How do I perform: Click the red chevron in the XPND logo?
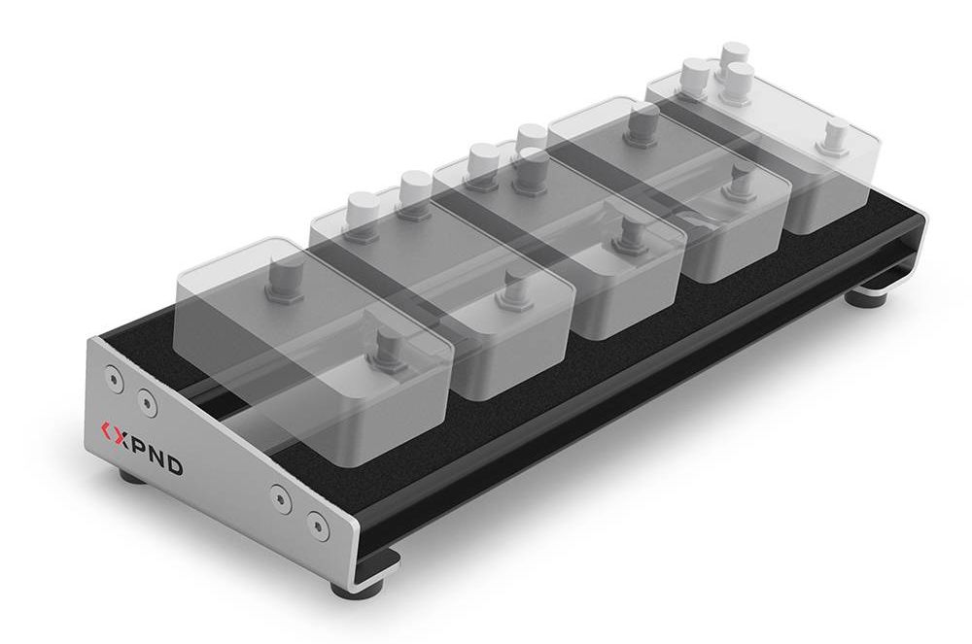click(107, 429)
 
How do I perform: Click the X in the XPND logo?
click(121, 436)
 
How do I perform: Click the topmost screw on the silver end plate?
click(112, 377)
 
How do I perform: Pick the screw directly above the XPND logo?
click(146, 403)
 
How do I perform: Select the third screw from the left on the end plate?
click(281, 497)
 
